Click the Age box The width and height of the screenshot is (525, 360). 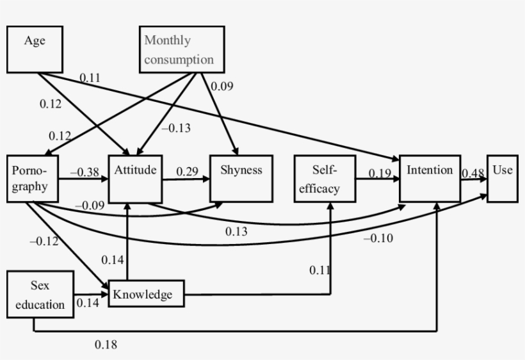[35, 49]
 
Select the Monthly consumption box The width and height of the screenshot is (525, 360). [182, 49]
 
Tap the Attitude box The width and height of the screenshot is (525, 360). [134, 179]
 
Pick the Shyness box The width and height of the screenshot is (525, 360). [241, 179]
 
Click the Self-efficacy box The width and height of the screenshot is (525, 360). [325, 179]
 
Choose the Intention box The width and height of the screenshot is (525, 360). [430, 179]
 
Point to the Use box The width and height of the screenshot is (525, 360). [502, 179]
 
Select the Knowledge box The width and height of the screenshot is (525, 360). [146, 294]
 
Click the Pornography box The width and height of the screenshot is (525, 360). [33, 179]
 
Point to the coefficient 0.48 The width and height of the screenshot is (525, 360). [472, 173]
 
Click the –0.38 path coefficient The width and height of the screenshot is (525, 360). [84, 172]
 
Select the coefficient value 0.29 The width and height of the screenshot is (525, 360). [188, 172]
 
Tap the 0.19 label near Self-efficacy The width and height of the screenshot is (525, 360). [379, 173]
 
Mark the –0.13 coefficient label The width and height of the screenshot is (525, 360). [175, 128]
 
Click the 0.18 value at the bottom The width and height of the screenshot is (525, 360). [106, 345]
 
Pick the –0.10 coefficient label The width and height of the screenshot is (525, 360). [378, 238]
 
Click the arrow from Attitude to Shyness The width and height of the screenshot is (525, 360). [186, 181]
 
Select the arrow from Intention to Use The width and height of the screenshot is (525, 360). [474, 181]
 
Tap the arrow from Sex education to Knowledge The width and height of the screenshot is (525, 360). [91, 294]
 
